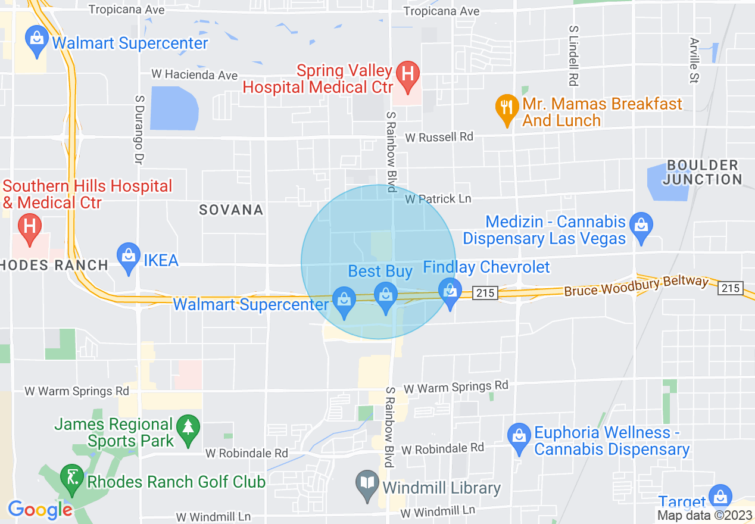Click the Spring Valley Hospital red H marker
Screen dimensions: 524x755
click(x=408, y=76)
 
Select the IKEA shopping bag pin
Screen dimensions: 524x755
click(x=128, y=257)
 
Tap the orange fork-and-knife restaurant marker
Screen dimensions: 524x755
click(x=506, y=108)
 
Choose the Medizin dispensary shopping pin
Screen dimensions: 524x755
click(x=641, y=227)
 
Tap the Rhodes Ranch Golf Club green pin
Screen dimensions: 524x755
click(x=72, y=478)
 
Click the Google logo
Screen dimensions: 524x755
click(x=40, y=510)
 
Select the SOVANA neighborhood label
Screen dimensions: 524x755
click(x=231, y=210)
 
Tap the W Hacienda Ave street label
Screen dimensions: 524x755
click(x=195, y=75)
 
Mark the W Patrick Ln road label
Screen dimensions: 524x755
click(x=438, y=199)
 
